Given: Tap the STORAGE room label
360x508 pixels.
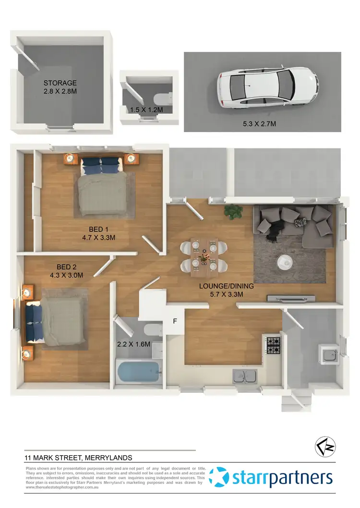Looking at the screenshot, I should pyautogui.click(x=60, y=83).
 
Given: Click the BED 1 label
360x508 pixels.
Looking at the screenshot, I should pyautogui.click(x=98, y=229).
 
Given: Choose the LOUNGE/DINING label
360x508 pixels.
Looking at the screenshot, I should pyautogui.click(x=226, y=286).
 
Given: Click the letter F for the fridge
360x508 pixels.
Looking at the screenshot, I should pyautogui.click(x=175, y=321).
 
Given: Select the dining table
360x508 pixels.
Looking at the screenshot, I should pyautogui.click(x=204, y=257).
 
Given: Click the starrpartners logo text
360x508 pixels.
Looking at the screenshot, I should pyautogui.click(x=282, y=478).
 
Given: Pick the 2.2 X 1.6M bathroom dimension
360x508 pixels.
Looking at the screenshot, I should pyautogui.click(x=134, y=344).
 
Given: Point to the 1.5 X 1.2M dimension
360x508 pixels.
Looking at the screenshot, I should pyautogui.click(x=146, y=110).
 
